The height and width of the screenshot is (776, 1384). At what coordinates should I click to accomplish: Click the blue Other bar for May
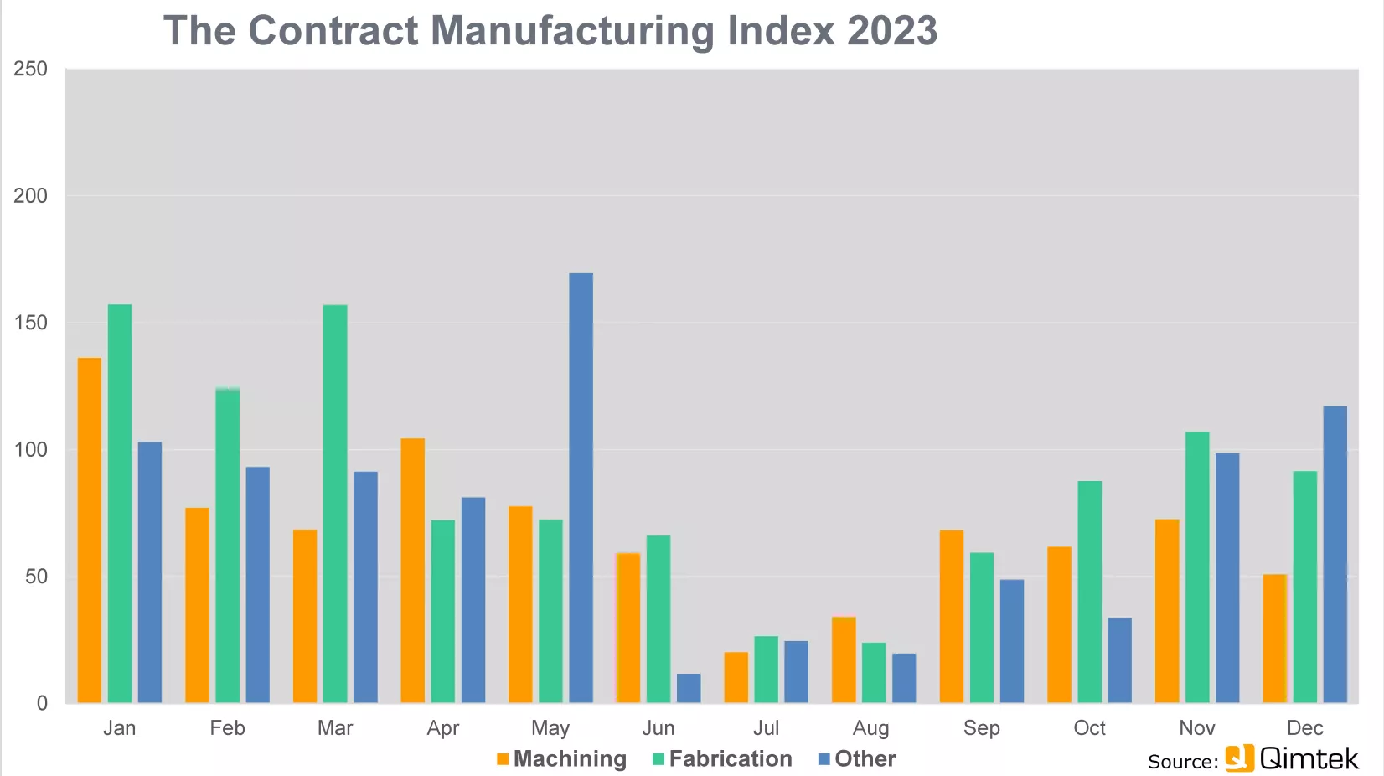point(581,488)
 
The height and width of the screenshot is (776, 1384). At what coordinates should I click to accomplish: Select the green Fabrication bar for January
point(120,504)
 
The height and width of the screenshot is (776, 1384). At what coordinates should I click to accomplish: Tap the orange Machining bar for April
point(413,570)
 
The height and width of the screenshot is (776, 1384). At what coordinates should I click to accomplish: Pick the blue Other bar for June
point(689,688)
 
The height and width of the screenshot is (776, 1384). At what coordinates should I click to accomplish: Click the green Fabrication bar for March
point(335,504)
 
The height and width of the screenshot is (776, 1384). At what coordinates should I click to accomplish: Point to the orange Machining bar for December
point(1274,639)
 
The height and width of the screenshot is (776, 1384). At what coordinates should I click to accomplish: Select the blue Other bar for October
point(1119,660)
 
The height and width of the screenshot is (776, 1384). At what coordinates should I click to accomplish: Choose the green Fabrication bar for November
point(1197,567)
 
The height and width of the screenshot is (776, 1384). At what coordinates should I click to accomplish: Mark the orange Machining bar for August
point(844,660)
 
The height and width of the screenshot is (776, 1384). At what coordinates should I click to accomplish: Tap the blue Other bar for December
point(1335,554)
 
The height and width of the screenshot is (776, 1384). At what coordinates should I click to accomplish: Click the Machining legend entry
point(561,758)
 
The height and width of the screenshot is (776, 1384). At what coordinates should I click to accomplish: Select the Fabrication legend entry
point(722,758)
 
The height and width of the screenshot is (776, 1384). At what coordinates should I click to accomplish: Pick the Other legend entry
point(857,758)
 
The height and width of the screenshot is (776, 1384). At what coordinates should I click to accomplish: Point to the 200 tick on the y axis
point(30,196)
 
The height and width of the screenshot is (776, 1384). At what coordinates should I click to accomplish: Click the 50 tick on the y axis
point(37,577)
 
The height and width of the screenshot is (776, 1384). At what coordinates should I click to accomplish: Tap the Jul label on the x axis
point(766,727)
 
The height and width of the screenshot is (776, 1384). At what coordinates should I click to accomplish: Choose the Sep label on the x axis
point(982,728)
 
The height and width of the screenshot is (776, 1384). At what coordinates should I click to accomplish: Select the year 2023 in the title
point(892,30)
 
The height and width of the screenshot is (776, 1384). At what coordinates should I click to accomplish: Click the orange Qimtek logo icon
point(1239,758)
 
